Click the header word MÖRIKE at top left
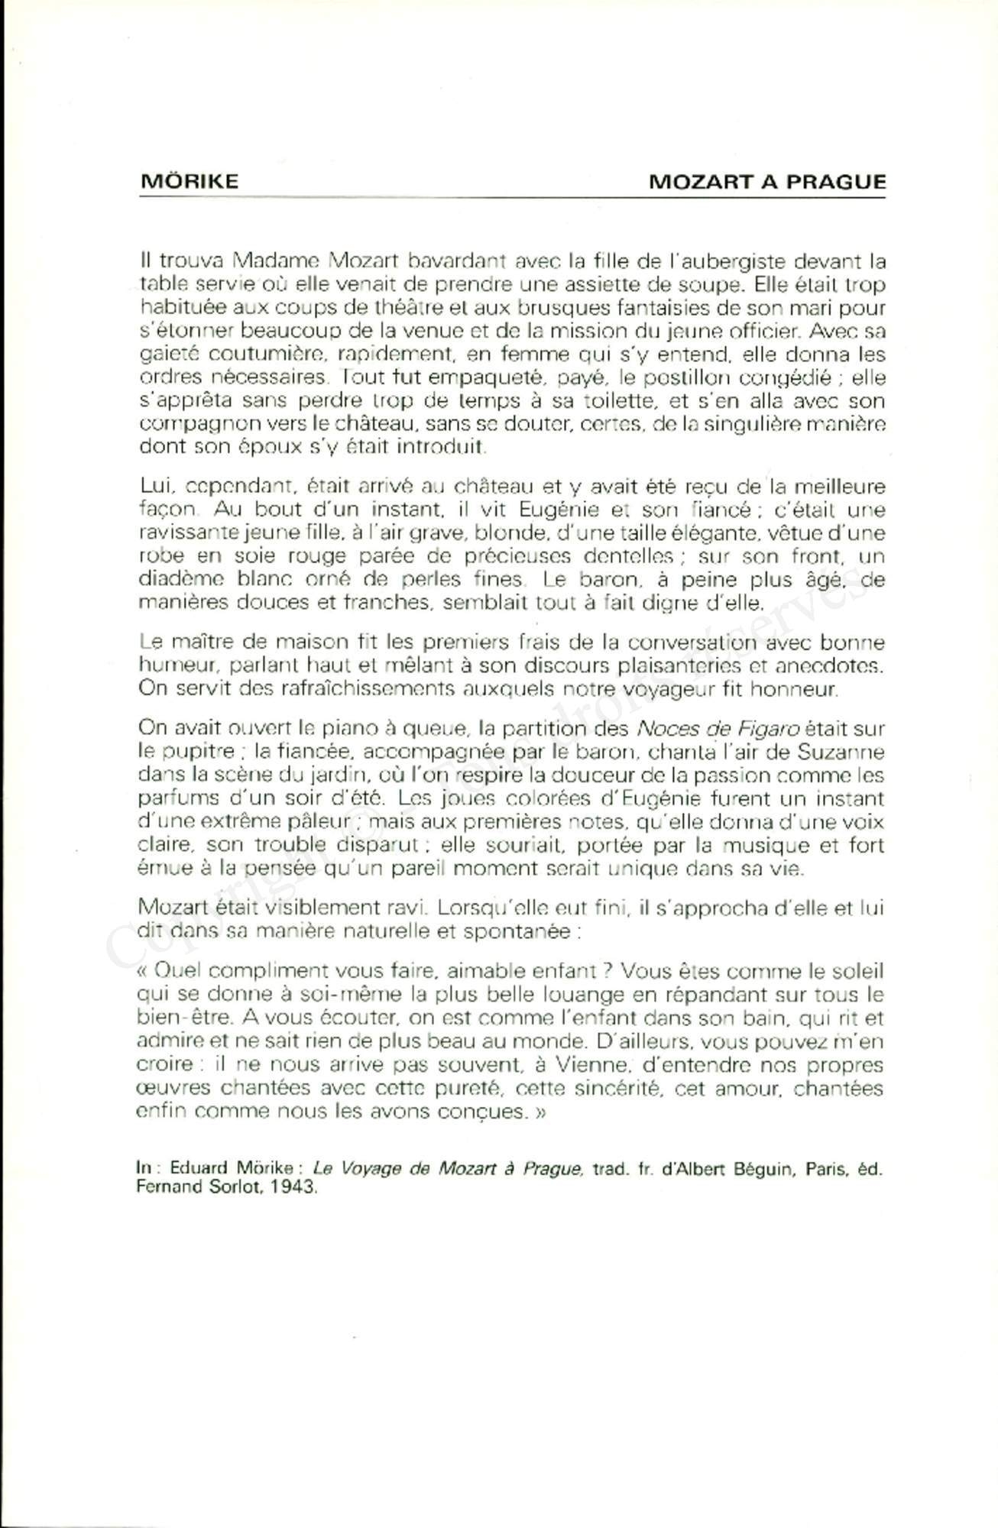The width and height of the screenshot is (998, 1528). (190, 182)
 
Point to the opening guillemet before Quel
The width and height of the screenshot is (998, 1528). (143, 972)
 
